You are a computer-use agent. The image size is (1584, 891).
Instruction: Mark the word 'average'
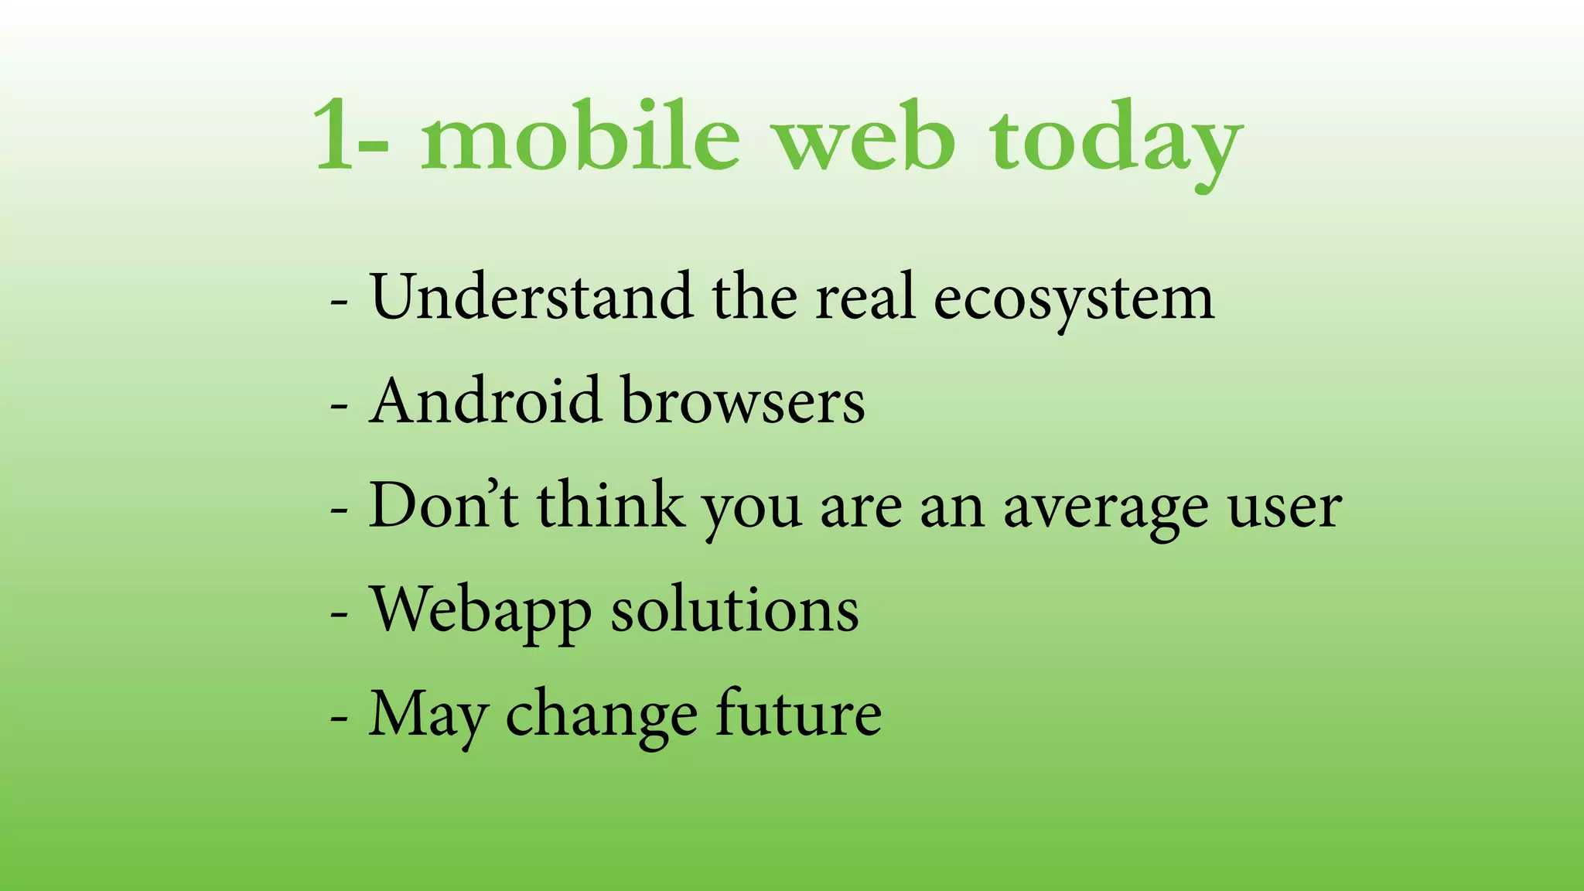[x=1105, y=510]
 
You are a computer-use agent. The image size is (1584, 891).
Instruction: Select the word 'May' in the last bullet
[x=428, y=716]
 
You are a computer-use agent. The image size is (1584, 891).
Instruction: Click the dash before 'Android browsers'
[x=339, y=405]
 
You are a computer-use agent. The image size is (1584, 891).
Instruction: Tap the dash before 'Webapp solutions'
[x=339, y=613]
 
